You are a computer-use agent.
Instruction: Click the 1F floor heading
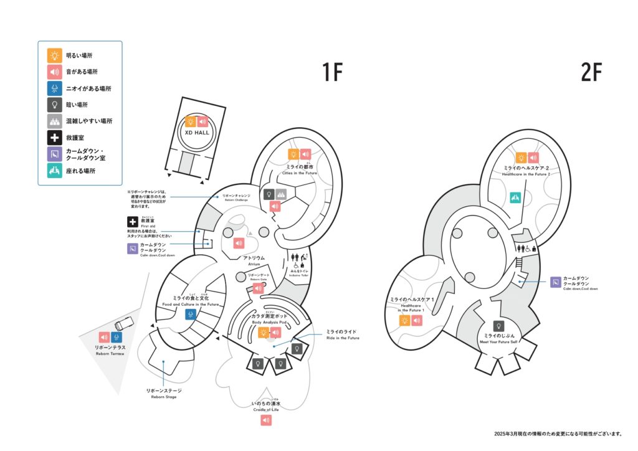[333, 73]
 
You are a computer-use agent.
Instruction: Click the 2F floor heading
[591, 73]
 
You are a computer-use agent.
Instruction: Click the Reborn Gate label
[259, 277]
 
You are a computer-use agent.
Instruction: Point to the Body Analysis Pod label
[270, 319]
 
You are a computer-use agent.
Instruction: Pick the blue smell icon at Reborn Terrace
[116, 337]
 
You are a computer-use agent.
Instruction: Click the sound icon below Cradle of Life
[267, 420]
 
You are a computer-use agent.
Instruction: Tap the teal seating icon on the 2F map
[515, 197]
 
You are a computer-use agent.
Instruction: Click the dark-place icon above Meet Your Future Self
[498, 326]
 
